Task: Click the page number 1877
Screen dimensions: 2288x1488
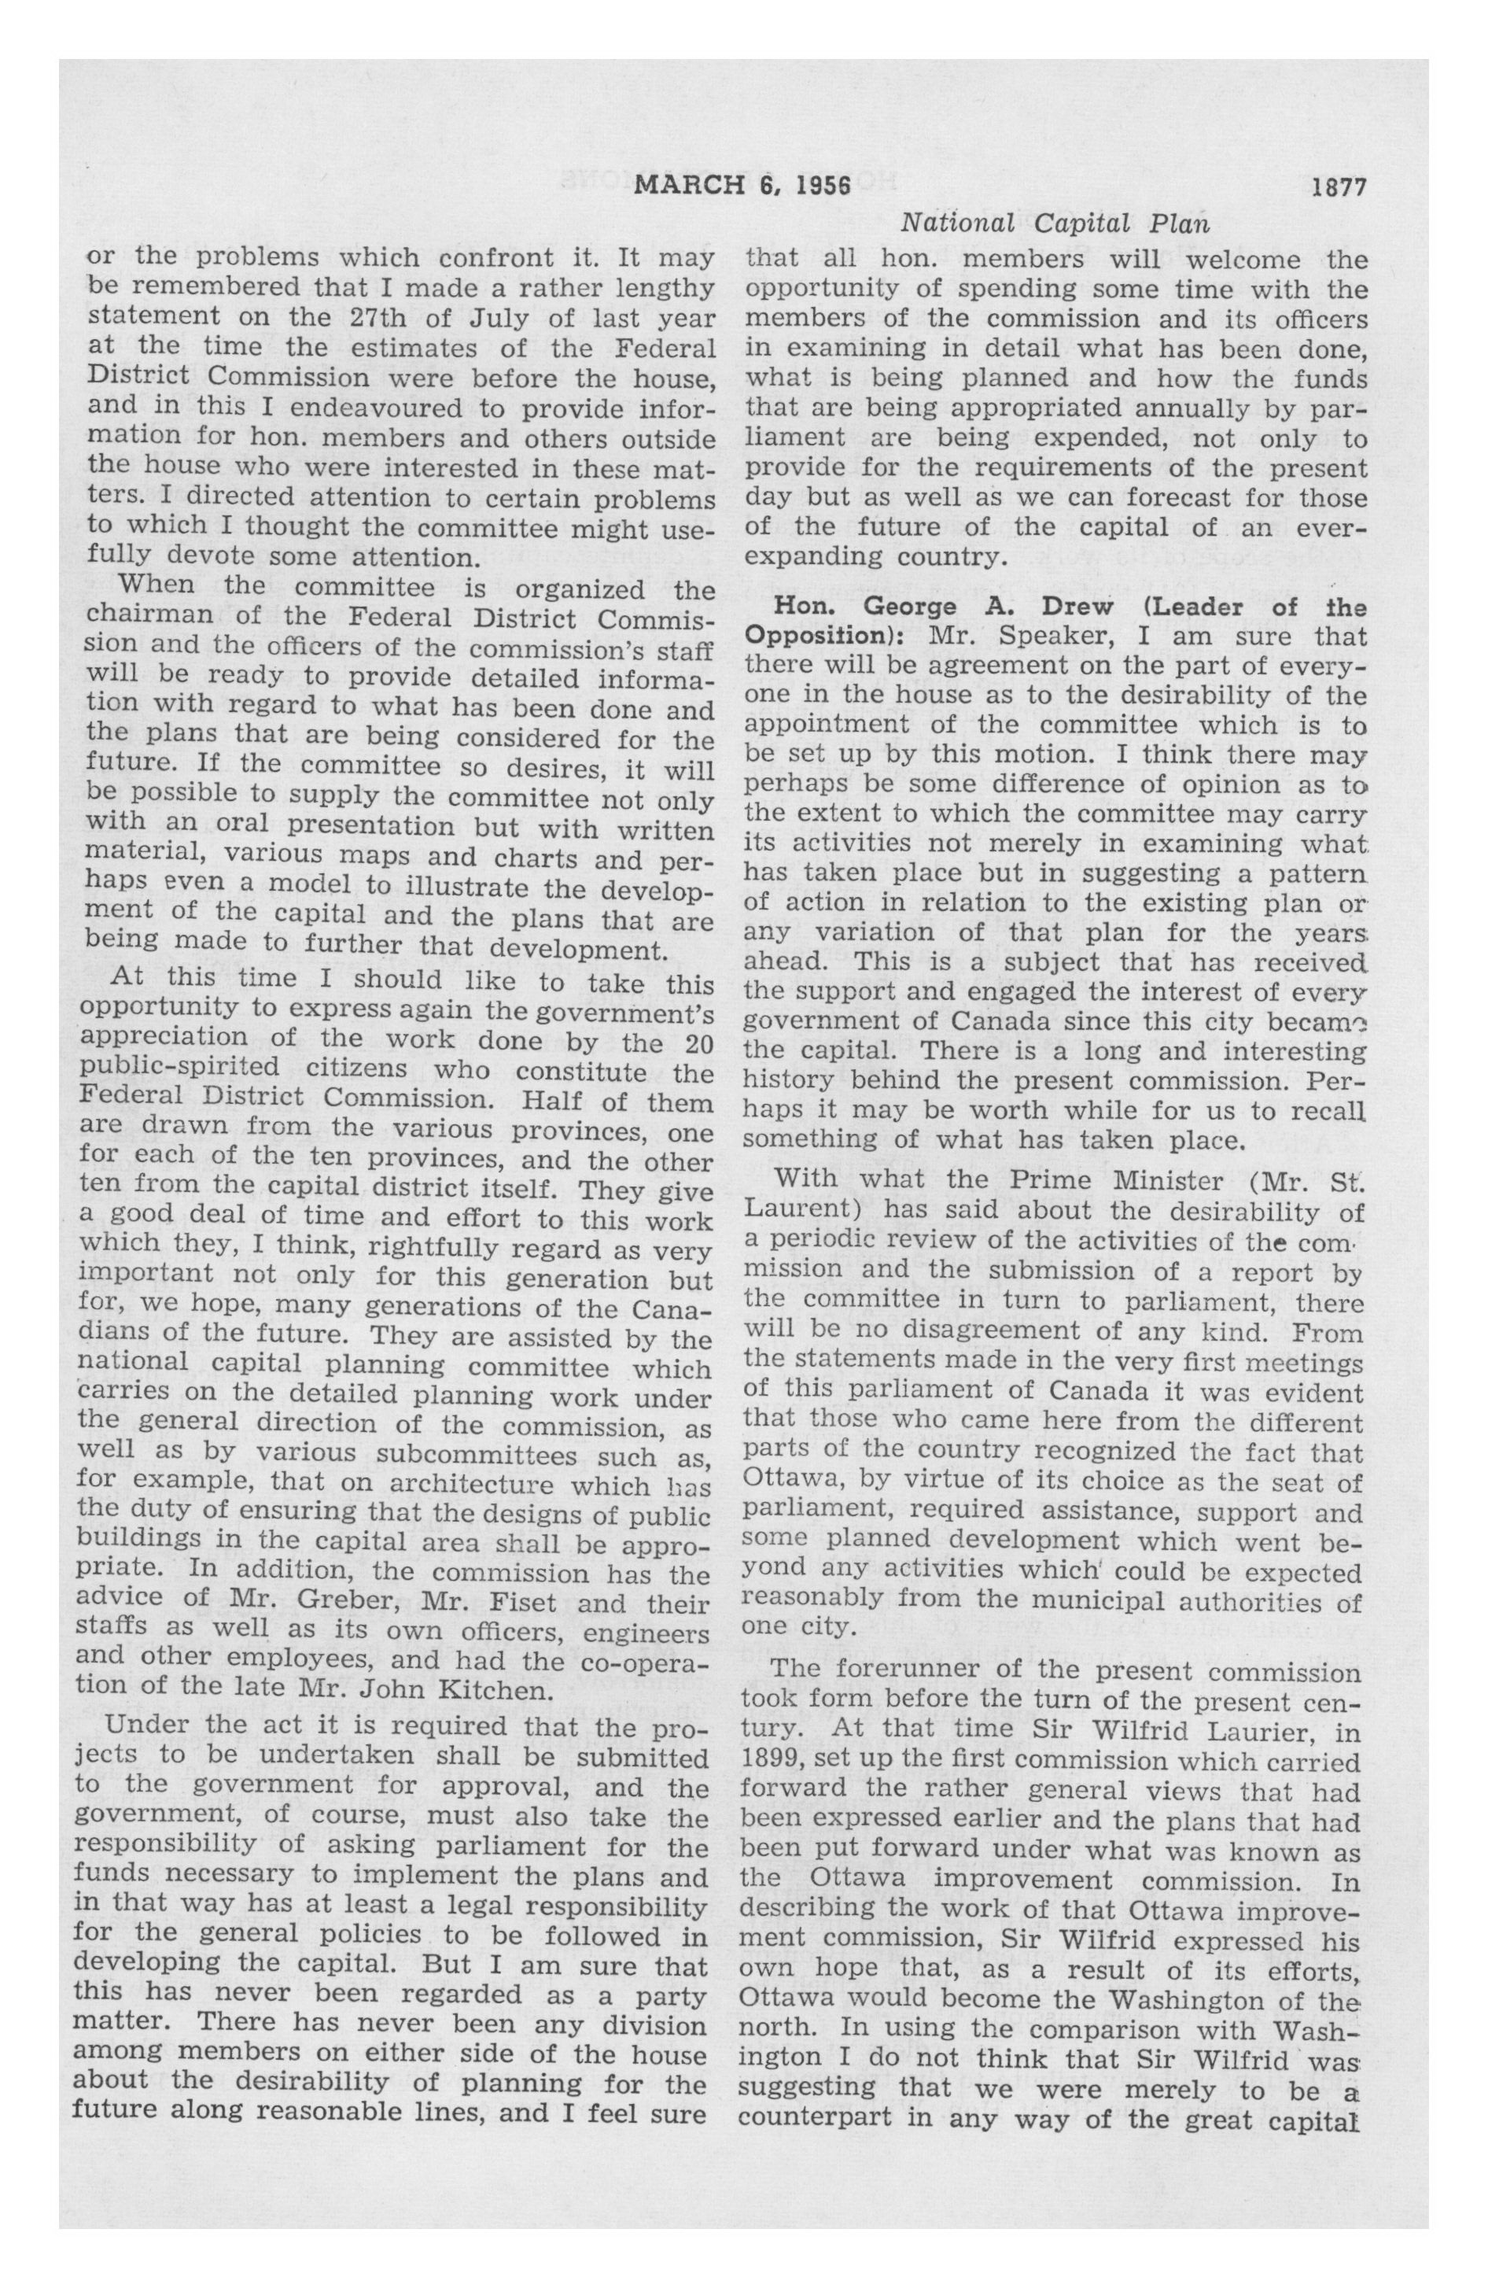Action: point(1339,187)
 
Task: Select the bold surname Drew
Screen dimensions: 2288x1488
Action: point(1072,607)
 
